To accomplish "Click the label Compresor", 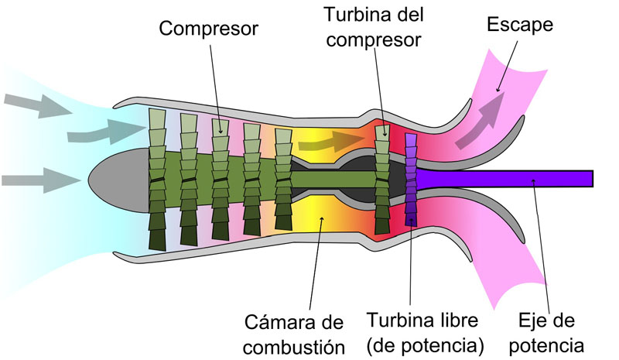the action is pyautogui.click(x=208, y=29).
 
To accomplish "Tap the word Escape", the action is pyautogui.click(x=519, y=25).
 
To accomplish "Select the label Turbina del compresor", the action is pyautogui.click(x=374, y=27).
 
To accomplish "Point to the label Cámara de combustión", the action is pyautogui.click(x=294, y=334).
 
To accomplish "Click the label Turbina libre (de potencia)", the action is pyautogui.click(x=425, y=333).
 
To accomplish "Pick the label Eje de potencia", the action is pyautogui.click(x=546, y=333).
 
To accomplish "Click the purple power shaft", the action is pyautogui.click(x=504, y=179).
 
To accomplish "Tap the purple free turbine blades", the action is pyautogui.click(x=411, y=180).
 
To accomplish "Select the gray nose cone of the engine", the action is pyautogui.click(x=118, y=180).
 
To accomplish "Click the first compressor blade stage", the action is pyautogui.click(x=158, y=180).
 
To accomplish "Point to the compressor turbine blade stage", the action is pyautogui.click(x=382, y=180).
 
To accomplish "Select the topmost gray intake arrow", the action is pyautogui.click(x=38, y=105).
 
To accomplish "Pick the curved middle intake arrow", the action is pyautogui.click(x=107, y=131).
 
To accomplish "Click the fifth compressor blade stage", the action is pyautogui.click(x=283, y=180).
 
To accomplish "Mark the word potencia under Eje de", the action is pyautogui.click(x=546, y=345).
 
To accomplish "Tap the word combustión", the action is pyautogui.click(x=294, y=348).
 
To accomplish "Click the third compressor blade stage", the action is pyautogui.click(x=221, y=180).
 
